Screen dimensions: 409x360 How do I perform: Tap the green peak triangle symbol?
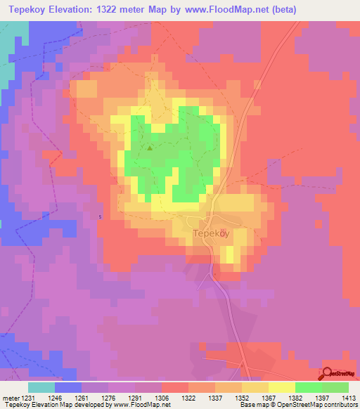click(150, 148)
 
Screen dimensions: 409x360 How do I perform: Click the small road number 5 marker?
click(101, 216)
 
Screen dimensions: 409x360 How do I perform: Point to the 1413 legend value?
click(349, 398)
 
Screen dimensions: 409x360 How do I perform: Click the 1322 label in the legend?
click(189, 398)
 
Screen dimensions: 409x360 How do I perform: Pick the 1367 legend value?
click(269, 398)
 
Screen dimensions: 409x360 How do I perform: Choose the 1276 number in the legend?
click(109, 398)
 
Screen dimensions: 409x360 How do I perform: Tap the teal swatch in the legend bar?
click(41, 387)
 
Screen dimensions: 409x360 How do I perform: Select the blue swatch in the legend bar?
click(68, 387)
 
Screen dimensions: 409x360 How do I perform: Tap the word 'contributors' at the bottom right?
click(341, 405)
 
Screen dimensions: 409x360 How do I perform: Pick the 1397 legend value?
click(323, 398)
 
